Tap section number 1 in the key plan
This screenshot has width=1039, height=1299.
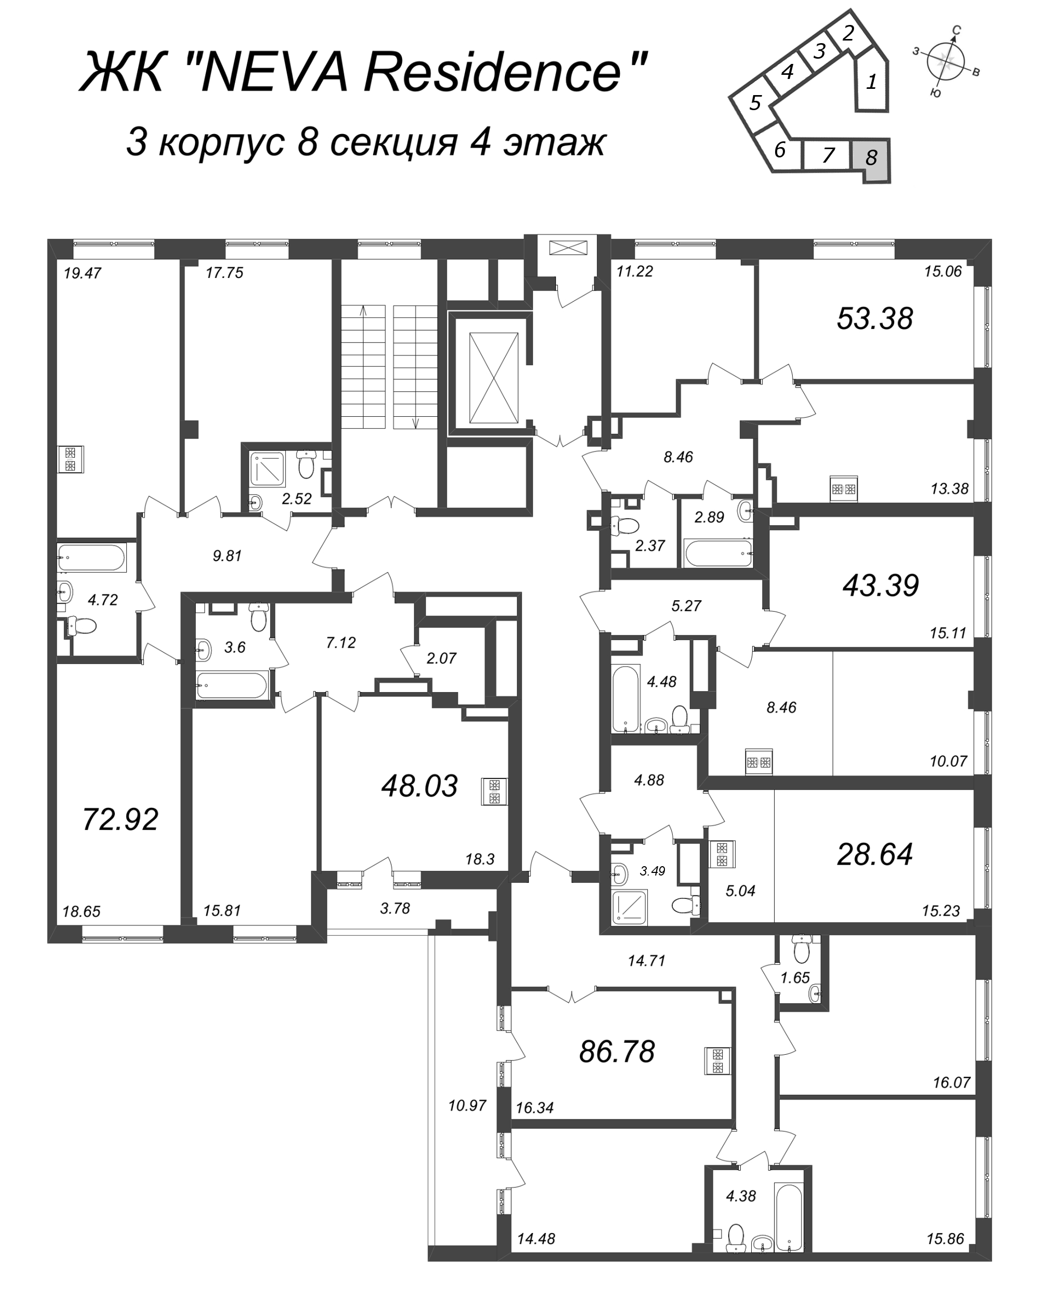872,82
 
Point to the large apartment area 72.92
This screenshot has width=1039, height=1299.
120,819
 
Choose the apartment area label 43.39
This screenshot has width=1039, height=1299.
881,586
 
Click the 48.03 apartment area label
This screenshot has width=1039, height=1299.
420,786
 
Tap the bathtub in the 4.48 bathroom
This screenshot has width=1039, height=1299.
627,698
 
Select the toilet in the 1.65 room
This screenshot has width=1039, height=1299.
801,949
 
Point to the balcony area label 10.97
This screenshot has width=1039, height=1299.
468,1106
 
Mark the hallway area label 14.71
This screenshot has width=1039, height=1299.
646,961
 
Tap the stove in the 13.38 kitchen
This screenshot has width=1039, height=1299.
844,488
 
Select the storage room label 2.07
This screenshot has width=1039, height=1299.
442,658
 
